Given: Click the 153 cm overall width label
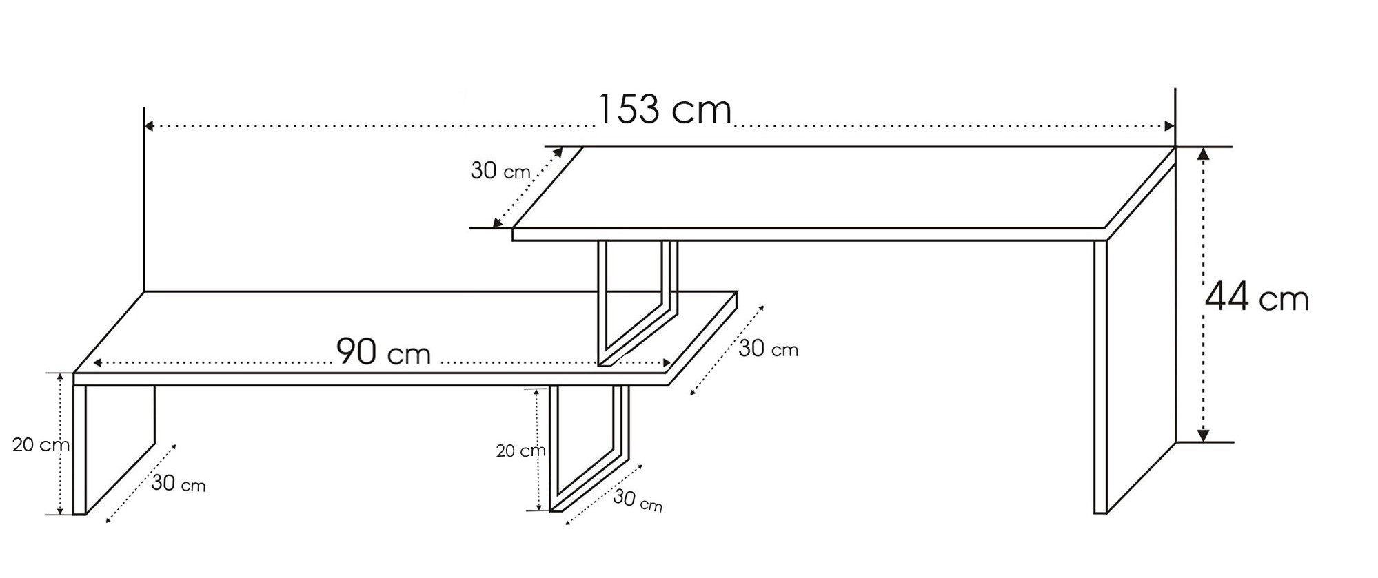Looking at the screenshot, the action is coord(664,110).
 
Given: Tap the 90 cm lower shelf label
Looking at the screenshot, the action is coord(383,352).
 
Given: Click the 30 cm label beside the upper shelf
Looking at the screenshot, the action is coord(500,170).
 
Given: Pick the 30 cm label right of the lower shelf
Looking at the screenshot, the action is coord(769,349).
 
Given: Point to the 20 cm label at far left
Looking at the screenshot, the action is coord(41,445).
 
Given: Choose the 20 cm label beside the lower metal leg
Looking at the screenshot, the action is coord(520,451).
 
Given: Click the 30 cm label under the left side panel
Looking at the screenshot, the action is coord(179,484).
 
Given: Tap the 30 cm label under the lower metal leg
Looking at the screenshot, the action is coord(638,501).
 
